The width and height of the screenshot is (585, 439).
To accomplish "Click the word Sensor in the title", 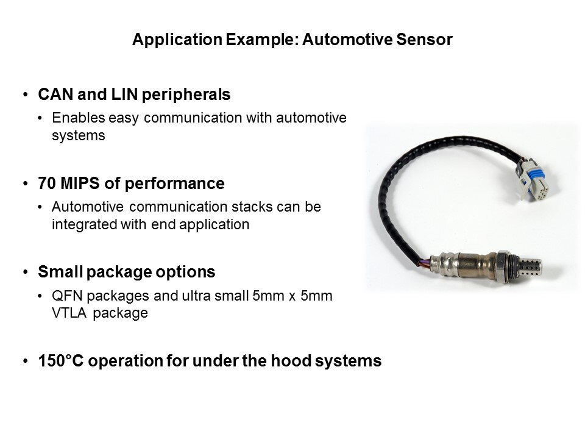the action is point(424,39).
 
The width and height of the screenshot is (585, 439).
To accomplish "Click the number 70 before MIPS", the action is point(47,184).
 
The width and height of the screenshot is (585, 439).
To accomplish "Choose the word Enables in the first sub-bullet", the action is point(79,118).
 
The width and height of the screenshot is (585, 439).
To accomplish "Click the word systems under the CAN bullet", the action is point(79,135).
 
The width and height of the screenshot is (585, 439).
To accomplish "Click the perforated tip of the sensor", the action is point(530,268).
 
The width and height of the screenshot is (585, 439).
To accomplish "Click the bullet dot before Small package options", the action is point(26,272).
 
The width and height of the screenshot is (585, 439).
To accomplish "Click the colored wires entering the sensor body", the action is point(425,262).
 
